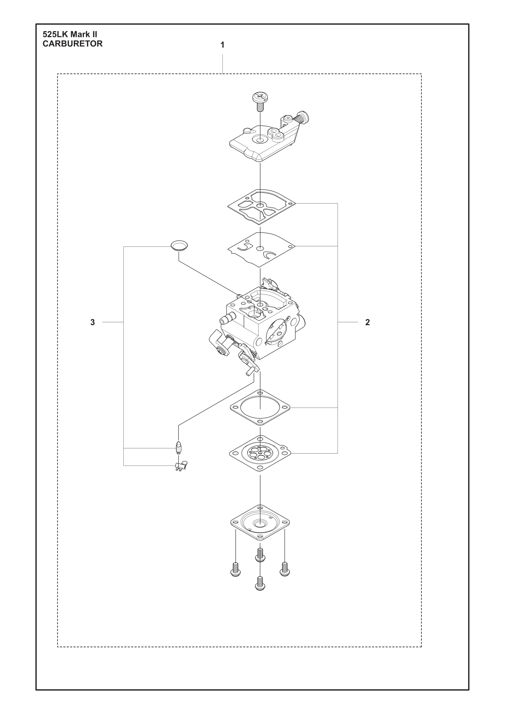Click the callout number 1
click(x=222, y=45)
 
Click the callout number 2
click(x=367, y=323)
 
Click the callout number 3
click(x=92, y=323)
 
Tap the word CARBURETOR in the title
click(x=72, y=44)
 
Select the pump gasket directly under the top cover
click(x=261, y=207)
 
